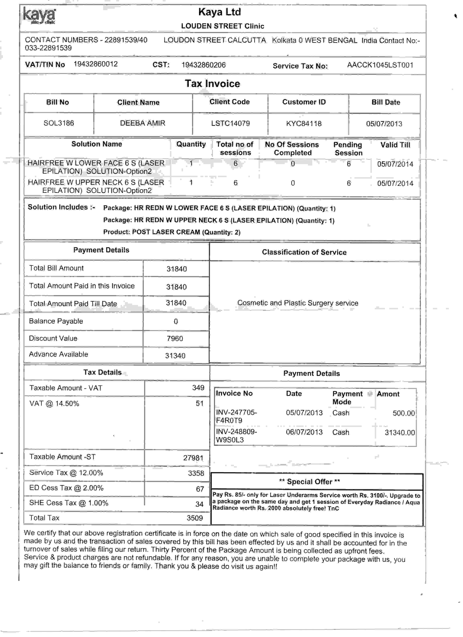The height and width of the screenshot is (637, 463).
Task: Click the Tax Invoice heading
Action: (212, 84)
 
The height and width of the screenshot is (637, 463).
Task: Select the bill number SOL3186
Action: (59, 123)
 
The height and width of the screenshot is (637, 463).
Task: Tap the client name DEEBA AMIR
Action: (142, 123)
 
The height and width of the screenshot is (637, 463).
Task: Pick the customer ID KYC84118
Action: (304, 124)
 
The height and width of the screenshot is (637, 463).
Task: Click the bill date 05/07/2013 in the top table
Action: (384, 124)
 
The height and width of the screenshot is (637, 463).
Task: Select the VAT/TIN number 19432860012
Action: (96, 64)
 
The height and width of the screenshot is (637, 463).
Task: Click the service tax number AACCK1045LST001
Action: (380, 65)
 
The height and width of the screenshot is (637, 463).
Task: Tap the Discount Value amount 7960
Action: (175, 338)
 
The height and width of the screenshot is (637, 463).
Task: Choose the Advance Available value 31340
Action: (175, 356)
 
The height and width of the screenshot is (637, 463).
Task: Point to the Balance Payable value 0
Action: (176, 321)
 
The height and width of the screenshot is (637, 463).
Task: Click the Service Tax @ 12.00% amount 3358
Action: (196, 473)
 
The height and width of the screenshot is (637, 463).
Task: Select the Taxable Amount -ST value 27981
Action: (193, 458)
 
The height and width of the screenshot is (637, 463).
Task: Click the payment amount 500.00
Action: (403, 413)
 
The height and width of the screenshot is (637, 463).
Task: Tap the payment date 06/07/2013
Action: (304, 432)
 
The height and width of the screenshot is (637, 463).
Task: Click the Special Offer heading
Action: (309, 482)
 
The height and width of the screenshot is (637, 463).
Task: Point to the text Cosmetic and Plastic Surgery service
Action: (298, 303)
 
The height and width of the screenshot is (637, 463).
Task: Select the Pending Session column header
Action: (348, 148)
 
